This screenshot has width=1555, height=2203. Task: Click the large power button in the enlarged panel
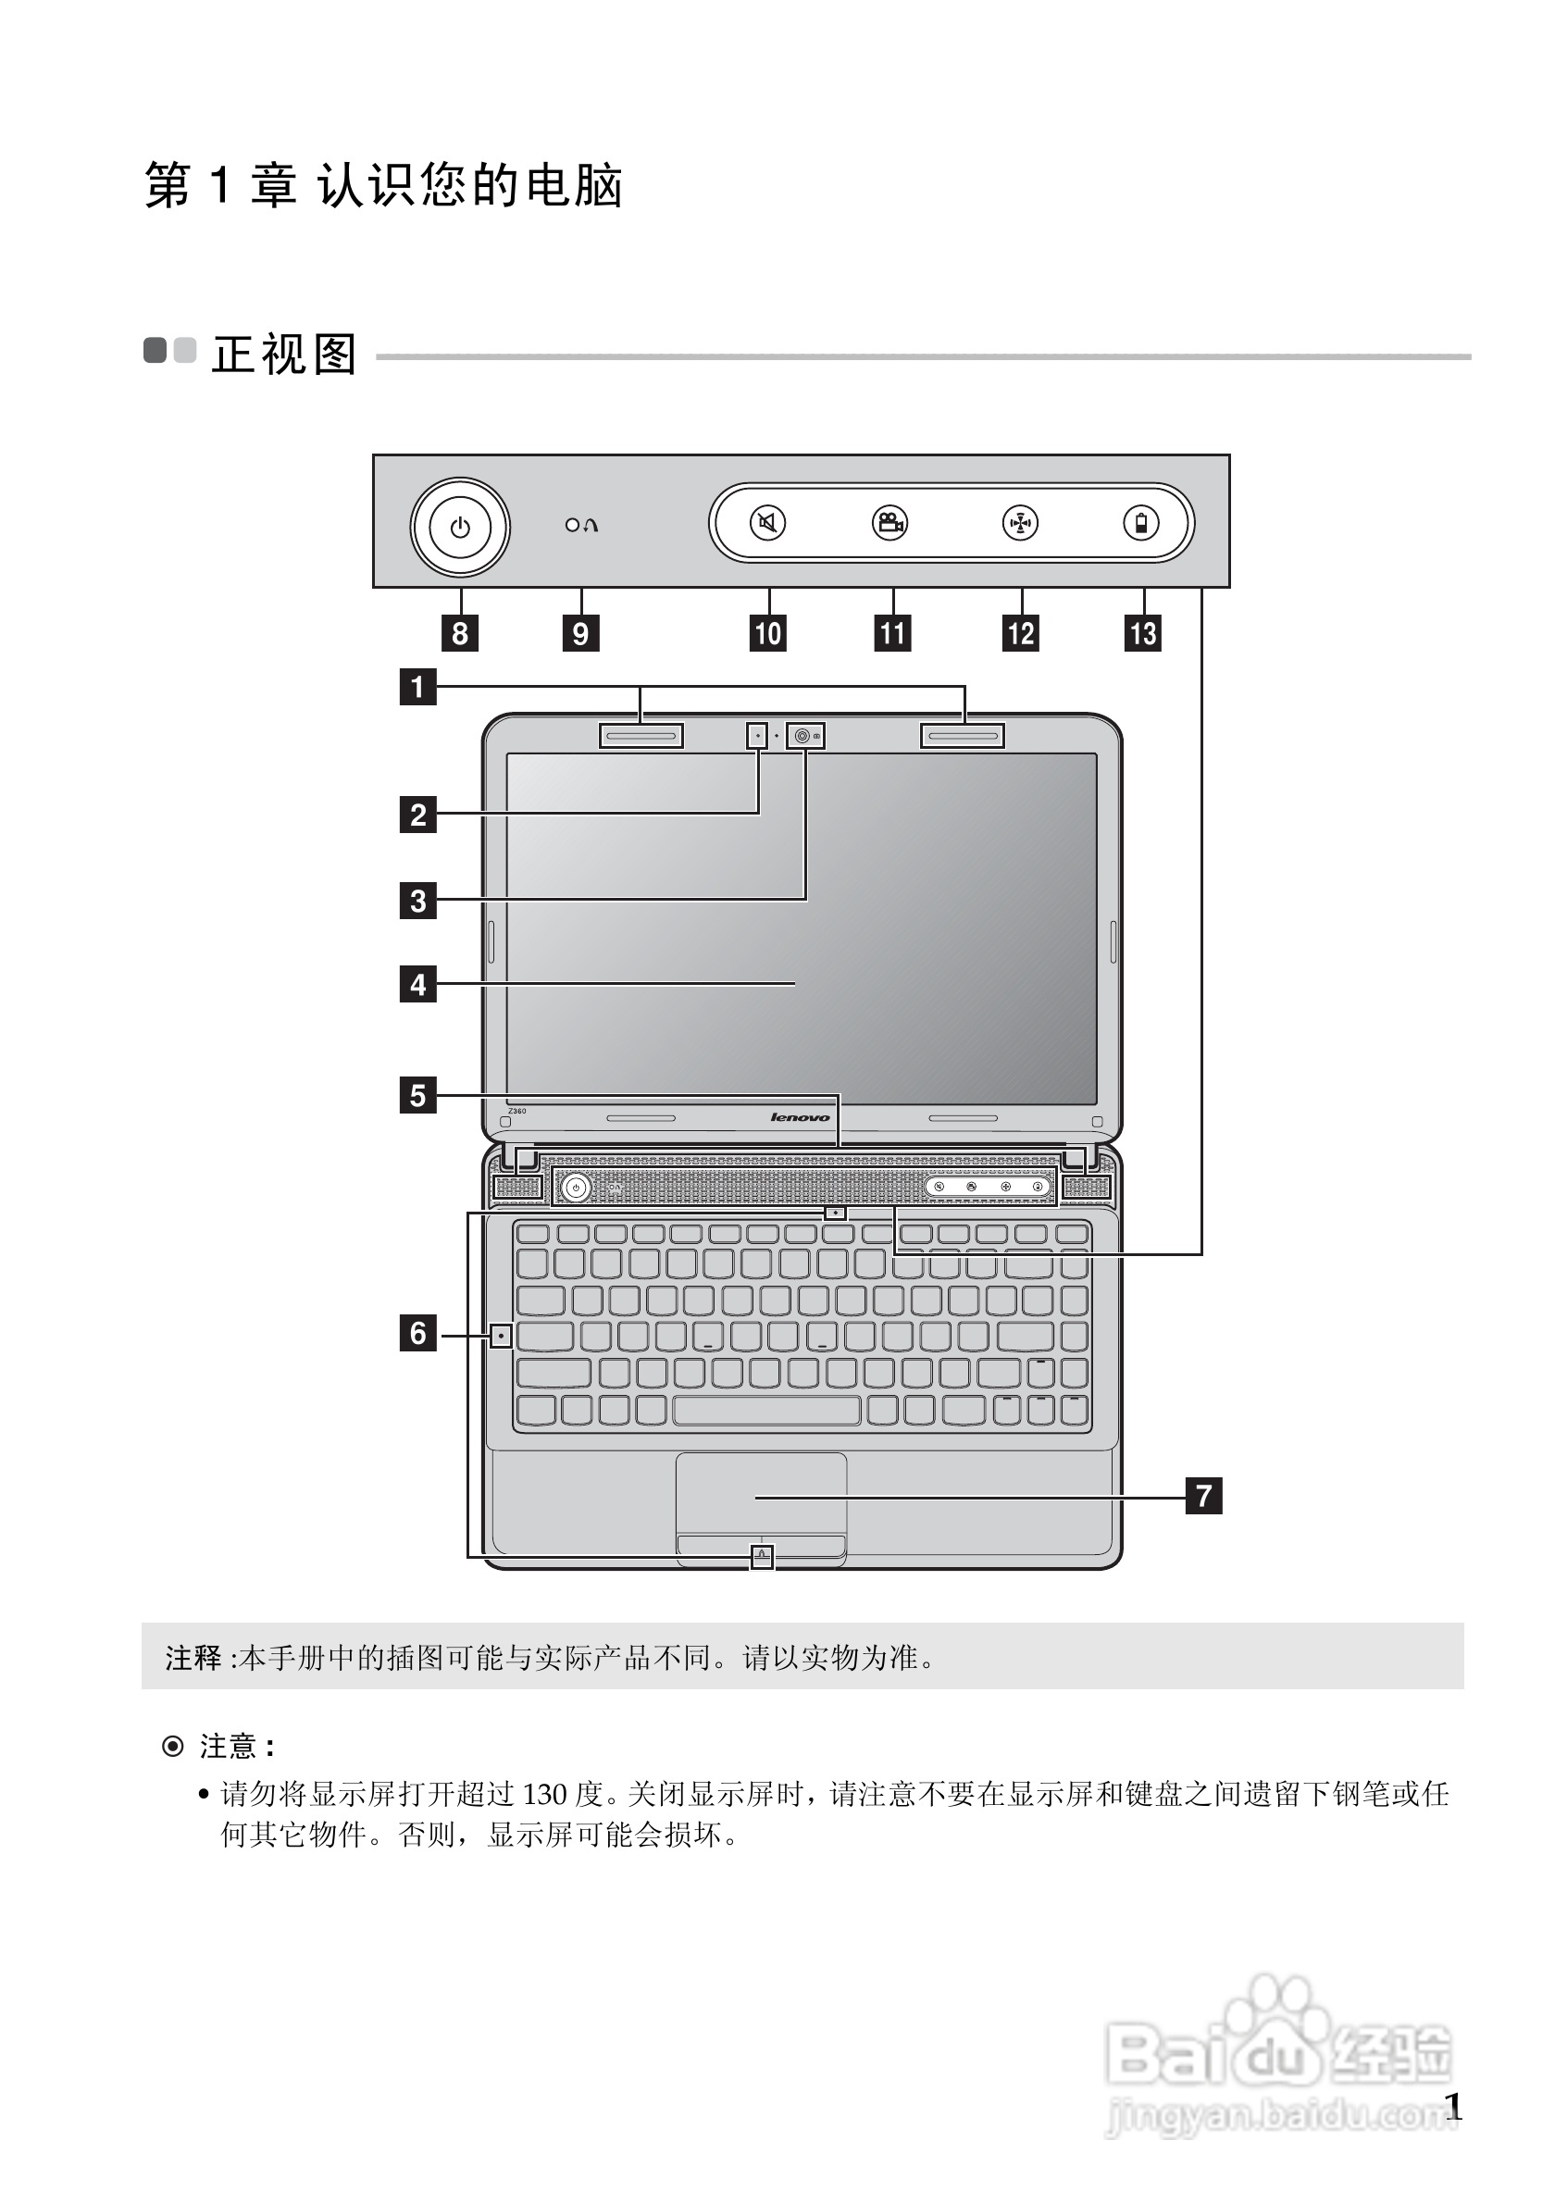coord(460,527)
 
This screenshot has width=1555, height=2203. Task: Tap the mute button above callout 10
coord(767,523)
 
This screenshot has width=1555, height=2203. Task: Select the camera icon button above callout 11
coord(890,523)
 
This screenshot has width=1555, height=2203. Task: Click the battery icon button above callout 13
coord(1140,523)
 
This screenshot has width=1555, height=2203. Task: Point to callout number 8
coord(460,633)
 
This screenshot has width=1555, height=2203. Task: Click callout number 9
coord(580,633)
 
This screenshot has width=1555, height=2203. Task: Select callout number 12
coord(1021,633)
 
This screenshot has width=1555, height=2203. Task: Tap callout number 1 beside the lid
coord(417,687)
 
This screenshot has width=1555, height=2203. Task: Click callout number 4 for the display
coord(417,985)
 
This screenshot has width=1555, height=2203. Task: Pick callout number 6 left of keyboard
coord(417,1333)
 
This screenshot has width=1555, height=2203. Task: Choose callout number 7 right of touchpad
coord(1204,1495)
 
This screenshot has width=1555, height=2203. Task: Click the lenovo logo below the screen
coord(800,1117)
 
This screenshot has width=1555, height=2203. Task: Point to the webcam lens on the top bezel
coord(802,736)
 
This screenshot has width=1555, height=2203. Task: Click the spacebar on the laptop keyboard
coord(766,1410)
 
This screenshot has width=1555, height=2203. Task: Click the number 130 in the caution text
coord(545,1793)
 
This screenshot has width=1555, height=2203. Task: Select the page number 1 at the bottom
coord(1453,2107)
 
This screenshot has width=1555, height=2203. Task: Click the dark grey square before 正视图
coord(155,350)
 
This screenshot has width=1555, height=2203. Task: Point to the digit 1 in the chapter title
coord(220,184)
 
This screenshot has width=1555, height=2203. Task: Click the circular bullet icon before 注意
coord(173,1747)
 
